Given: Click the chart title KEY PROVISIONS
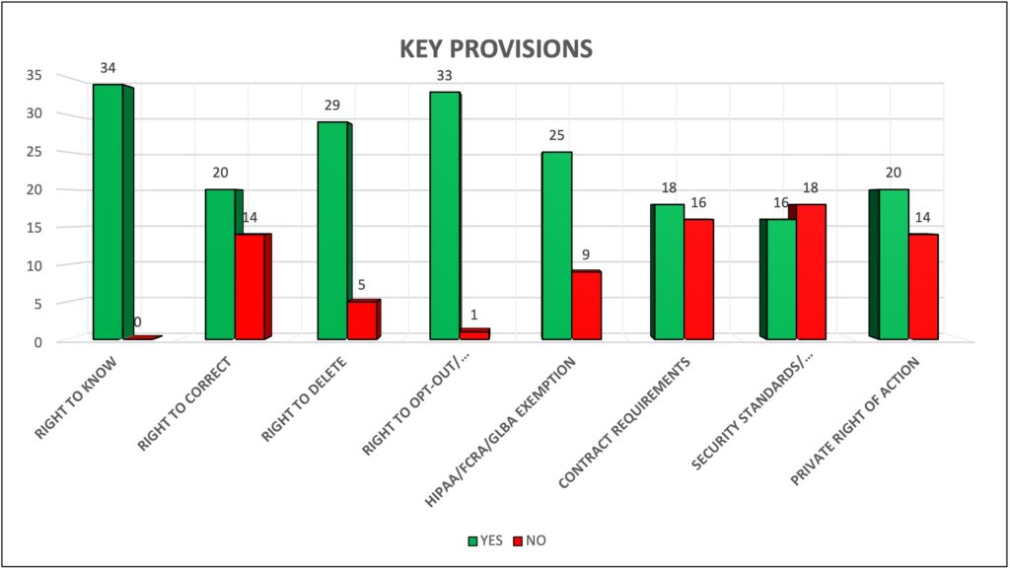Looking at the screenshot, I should [495, 48].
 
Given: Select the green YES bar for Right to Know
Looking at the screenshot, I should [108, 212].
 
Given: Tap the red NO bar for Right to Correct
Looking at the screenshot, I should [250, 287].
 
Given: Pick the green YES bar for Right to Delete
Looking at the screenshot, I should [331, 231].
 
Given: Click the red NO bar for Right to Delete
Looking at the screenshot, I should [362, 321].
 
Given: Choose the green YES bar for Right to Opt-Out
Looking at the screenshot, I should [444, 216].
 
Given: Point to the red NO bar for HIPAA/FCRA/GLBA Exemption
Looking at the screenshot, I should [586, 306].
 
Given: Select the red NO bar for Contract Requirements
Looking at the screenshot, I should [698, 280].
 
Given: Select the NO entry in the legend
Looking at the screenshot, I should [530, 540].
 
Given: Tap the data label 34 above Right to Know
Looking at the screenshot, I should [108, 69].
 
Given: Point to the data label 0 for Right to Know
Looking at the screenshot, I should [137, 322].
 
